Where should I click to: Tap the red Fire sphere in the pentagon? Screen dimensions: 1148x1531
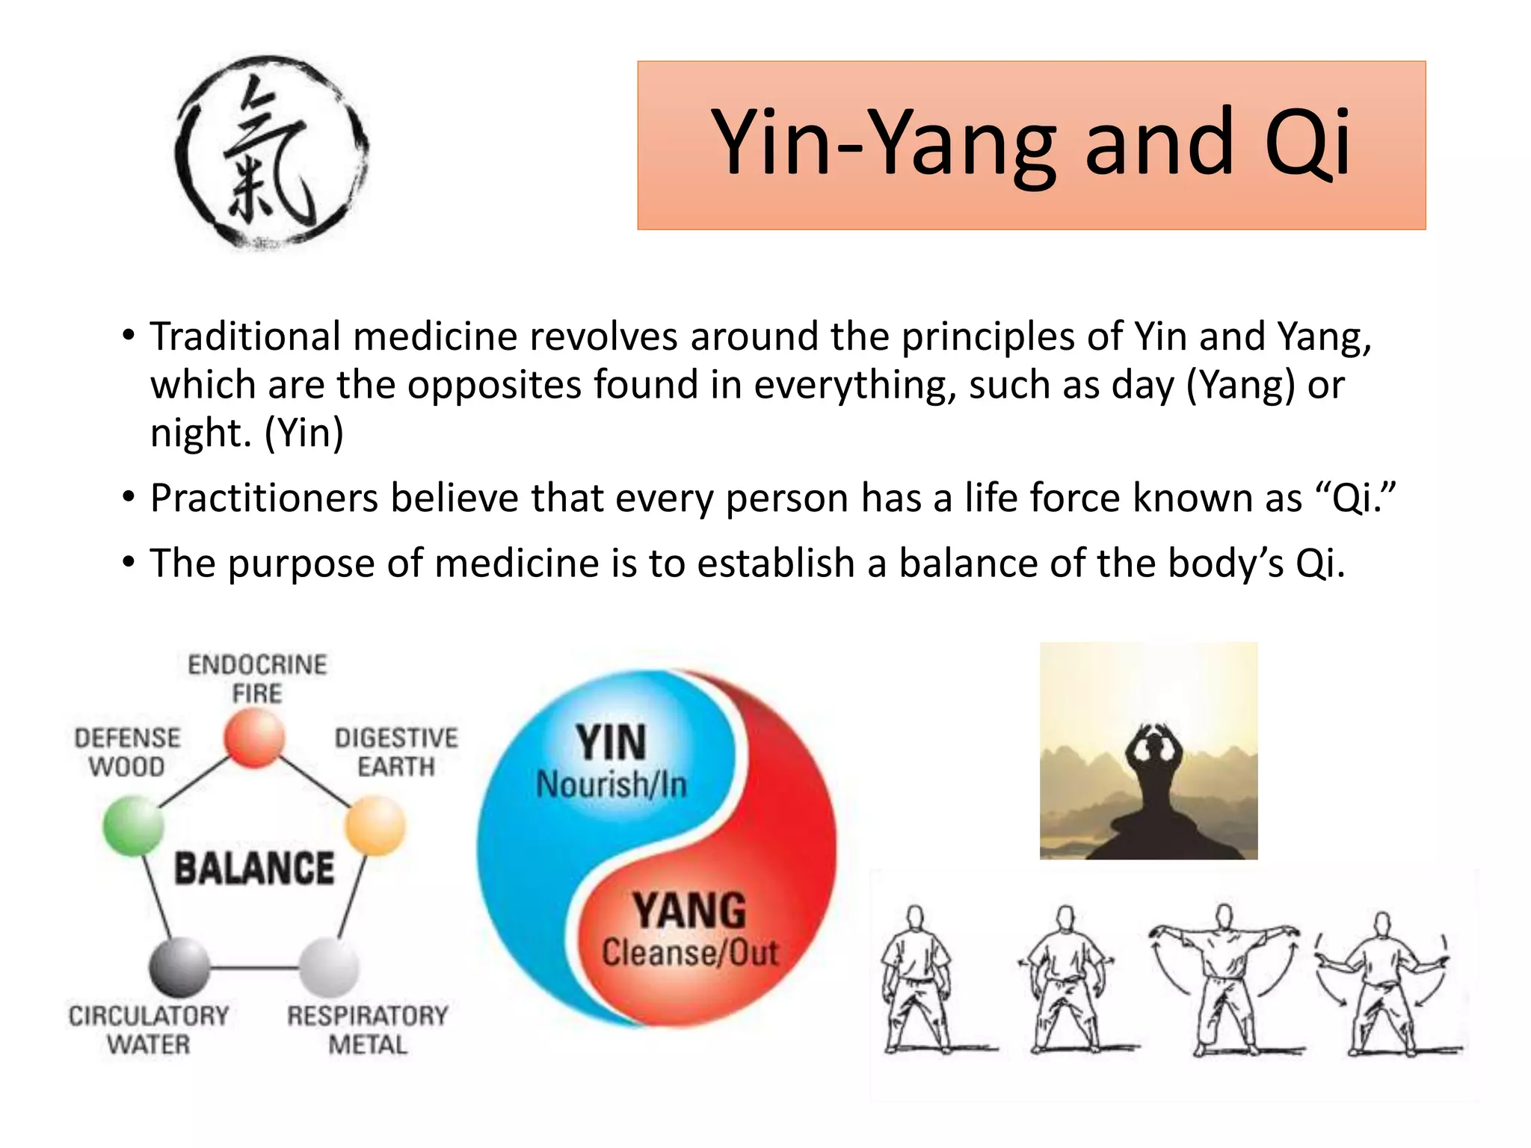254,738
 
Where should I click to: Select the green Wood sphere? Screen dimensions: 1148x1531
134,825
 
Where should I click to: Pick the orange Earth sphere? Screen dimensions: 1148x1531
375,825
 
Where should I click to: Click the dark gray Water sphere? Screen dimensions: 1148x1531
179,967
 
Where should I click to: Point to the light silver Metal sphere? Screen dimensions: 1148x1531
329,967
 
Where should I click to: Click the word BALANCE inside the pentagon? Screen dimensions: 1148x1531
254,868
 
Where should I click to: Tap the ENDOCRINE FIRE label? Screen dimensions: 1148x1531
257,679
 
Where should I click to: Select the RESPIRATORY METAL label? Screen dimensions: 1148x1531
368,1029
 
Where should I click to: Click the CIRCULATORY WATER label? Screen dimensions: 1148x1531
149,1029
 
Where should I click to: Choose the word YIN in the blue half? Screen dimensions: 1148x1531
611,743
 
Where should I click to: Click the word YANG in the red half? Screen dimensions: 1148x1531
689,910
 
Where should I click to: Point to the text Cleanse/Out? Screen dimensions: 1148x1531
690,953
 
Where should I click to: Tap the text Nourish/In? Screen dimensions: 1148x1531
612,785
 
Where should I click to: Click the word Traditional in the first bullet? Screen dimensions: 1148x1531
245,336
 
